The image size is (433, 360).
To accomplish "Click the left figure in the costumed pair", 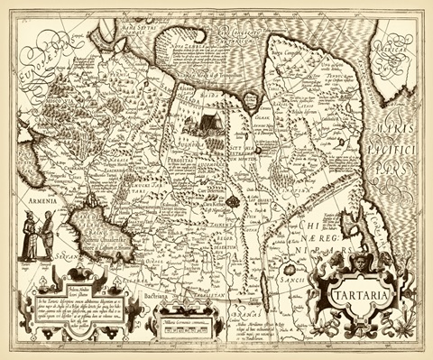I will click(27, 240).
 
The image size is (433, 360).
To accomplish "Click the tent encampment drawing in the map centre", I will click(204, 118).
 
